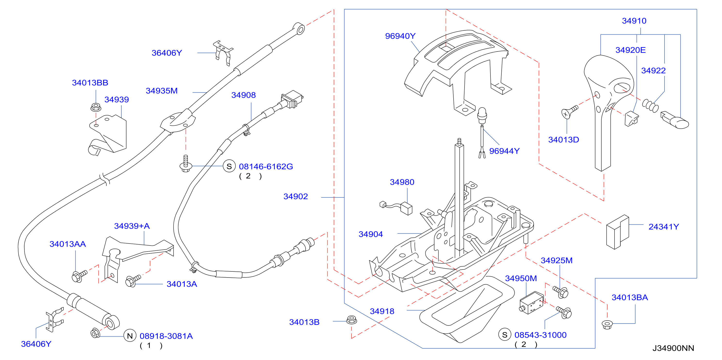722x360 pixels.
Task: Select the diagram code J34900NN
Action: [673, 348]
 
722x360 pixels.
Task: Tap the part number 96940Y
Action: [400, 36]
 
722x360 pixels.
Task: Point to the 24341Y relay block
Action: [617, 232]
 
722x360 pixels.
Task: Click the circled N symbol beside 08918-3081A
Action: [130, 336]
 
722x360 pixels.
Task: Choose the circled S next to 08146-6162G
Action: [229, 166]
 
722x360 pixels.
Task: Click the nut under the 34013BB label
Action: [96, 107]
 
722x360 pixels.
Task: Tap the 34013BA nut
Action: [607, 324]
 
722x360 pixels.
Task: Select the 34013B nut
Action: [351, 320]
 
